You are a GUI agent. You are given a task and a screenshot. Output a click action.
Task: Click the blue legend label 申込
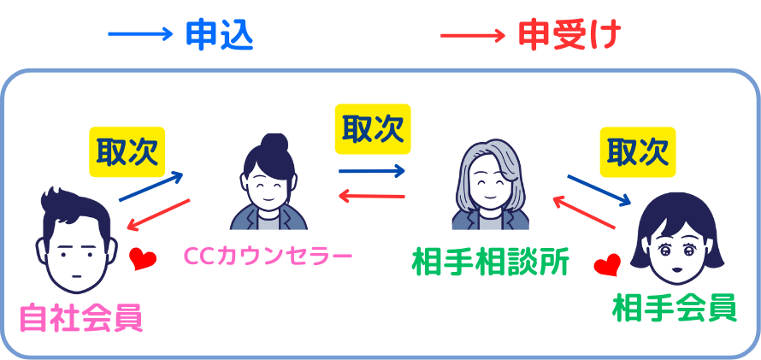(220, 35)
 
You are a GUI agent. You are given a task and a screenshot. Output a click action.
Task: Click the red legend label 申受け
(569, 35)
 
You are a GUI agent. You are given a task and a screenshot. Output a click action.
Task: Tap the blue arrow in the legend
(140, 34)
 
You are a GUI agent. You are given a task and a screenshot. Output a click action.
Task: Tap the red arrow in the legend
(473, 36)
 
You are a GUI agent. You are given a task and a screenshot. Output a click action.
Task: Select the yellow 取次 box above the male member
(127, 152)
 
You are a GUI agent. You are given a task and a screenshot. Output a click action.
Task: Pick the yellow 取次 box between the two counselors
(373, 129)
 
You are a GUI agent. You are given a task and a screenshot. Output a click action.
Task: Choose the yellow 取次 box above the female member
(638, 152)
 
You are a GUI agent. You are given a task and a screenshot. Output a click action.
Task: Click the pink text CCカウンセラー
(268, 255)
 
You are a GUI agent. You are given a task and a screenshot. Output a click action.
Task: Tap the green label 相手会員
(674, 309)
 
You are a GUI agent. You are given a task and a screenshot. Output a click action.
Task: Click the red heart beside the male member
(143, 259)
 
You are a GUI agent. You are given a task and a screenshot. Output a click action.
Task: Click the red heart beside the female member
(607, 264)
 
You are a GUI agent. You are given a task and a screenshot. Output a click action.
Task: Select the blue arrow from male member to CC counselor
(151, 186)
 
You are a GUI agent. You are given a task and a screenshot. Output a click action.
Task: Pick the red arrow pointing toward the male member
(158, 214)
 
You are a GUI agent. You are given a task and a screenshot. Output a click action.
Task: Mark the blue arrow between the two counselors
(372, 170)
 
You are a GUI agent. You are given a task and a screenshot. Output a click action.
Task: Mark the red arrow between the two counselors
(371, 196)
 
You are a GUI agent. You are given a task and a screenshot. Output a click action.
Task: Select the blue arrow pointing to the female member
(599, 190)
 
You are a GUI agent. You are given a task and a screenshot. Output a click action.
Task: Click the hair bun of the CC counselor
(274, 144)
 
